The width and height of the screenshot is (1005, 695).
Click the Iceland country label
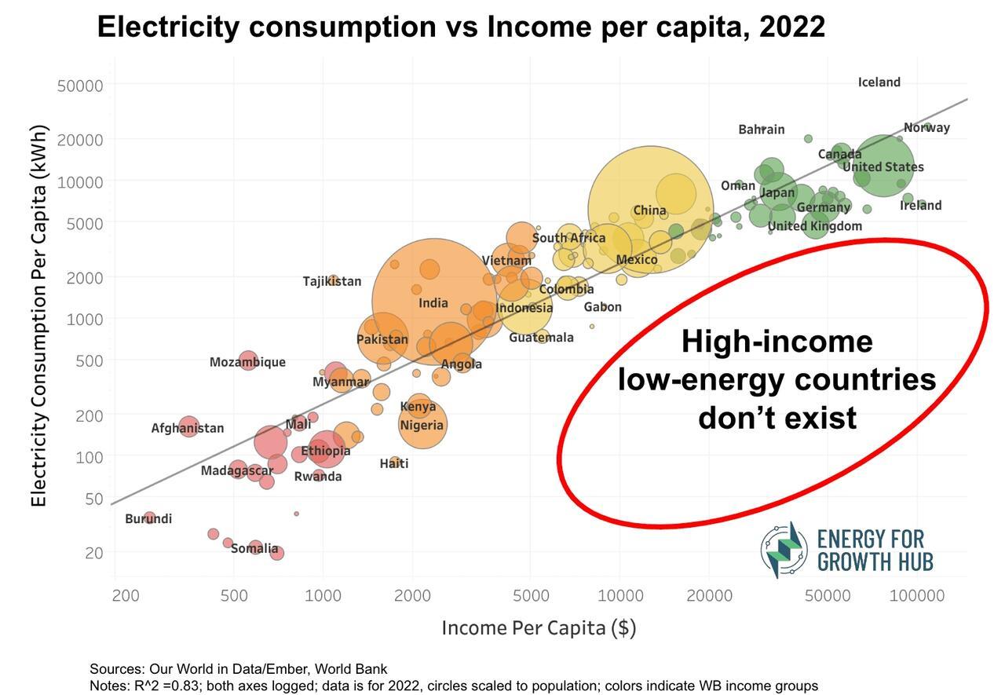pos(879,82)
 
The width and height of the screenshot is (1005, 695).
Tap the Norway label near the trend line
pos(926,128)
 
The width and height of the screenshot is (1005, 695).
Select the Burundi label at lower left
pos(148,519)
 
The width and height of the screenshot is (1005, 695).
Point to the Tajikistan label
pos(332,281)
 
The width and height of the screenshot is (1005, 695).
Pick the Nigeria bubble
pos(422,425)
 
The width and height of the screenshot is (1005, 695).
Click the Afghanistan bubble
pos(188,427)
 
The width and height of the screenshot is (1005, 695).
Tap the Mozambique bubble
pos(248,361)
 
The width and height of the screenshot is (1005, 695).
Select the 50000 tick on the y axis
pos(80,86)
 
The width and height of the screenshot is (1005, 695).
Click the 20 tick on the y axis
pos(93,553)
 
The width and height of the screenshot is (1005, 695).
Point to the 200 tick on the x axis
pos(126,595)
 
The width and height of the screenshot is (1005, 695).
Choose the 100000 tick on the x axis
pos(916,595)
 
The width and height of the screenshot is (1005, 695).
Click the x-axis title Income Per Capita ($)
pos(539,628)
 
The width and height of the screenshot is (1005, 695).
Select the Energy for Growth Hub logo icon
pos(783,550)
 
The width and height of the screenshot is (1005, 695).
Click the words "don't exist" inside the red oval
pos(777,418)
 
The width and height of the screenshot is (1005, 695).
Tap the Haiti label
pos(394,463)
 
